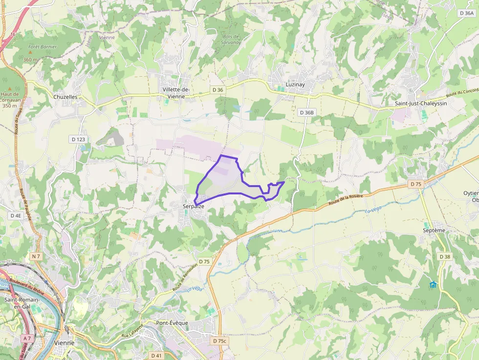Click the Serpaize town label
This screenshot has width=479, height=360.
click(193, 207)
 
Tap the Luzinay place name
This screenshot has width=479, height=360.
click(295, 85)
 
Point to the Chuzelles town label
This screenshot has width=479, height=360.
click(65, 97)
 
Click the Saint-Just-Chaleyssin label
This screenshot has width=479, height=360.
click(421, 104)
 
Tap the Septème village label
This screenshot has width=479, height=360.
click(434, 230)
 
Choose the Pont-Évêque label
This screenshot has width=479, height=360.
click(173, 323)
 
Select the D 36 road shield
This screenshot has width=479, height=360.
click(218, 90)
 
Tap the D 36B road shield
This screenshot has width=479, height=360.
click(306, 112)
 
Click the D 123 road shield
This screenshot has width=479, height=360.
click(78, 140)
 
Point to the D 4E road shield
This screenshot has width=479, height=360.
click(16, 215)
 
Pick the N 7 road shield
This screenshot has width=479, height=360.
click(35, 256)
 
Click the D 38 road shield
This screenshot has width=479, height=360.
click(444, 256)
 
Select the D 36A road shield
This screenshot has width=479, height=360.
click(467, 14)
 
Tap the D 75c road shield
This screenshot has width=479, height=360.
click(220, 340)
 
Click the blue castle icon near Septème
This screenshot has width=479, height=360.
click(433, 284)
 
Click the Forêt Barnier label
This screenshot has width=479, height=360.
click(43, 47)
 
